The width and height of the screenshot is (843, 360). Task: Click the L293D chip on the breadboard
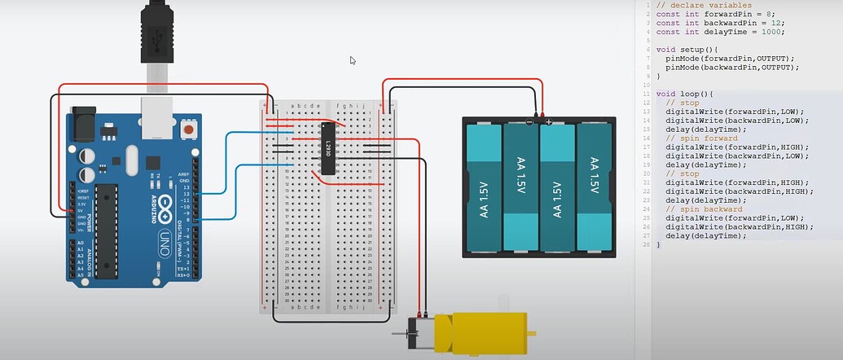(327, 148)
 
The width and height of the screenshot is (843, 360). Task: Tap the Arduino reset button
(189, 129)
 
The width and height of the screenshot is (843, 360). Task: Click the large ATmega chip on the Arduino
(107, 230)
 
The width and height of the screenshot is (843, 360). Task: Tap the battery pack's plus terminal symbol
(549, 122)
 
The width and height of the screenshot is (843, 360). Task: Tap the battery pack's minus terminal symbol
(529, 122)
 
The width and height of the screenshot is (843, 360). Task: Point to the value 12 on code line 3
(762, 22)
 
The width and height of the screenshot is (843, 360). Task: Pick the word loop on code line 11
(686, 94)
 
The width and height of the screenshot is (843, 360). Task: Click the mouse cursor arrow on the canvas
(353, 60)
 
